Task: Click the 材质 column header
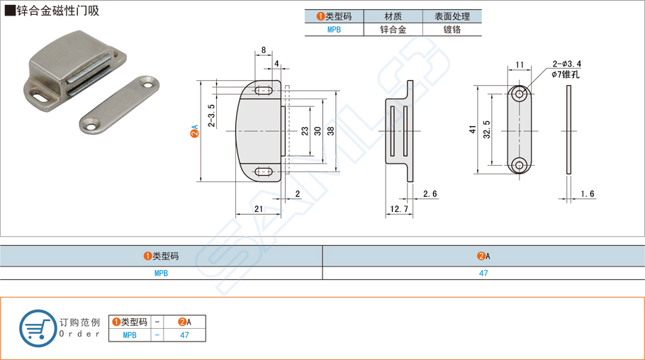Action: [393, 16]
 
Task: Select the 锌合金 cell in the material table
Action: [393, 30]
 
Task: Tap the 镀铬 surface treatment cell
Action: [452, 30]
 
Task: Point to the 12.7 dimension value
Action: [398, 209]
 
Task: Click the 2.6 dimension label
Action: [430, 193]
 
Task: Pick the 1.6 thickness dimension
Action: [587, 194]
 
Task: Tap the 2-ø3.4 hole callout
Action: [566, 64]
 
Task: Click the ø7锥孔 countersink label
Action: [566, 74]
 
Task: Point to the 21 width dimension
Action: [258, 208]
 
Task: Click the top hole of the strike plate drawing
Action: [520, 94]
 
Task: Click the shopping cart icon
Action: [38, 328]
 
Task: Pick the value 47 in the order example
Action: [184, 335]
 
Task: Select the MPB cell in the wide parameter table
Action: [161, 273]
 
